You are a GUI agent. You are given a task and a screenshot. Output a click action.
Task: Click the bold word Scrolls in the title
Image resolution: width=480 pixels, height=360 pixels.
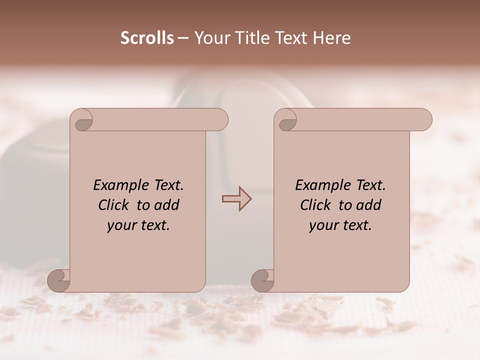[147, 38]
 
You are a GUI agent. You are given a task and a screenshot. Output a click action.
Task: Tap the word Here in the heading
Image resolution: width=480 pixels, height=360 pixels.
[332, 38]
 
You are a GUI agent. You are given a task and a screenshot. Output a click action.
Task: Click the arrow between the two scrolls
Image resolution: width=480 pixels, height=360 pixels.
[237, 199]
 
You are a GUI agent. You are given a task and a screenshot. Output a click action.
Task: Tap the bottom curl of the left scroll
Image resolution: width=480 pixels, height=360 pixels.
[58, 280]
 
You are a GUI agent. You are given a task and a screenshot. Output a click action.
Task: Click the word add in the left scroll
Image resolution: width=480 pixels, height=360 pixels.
[167, 205]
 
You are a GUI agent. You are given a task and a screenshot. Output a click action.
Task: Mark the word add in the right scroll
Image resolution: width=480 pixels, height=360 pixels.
[369, 205]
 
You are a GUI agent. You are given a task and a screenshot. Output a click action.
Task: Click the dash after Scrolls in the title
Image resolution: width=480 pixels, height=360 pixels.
[183, 38]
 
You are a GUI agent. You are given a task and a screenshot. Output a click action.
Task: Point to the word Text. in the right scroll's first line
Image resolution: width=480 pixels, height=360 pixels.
[370, 185]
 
